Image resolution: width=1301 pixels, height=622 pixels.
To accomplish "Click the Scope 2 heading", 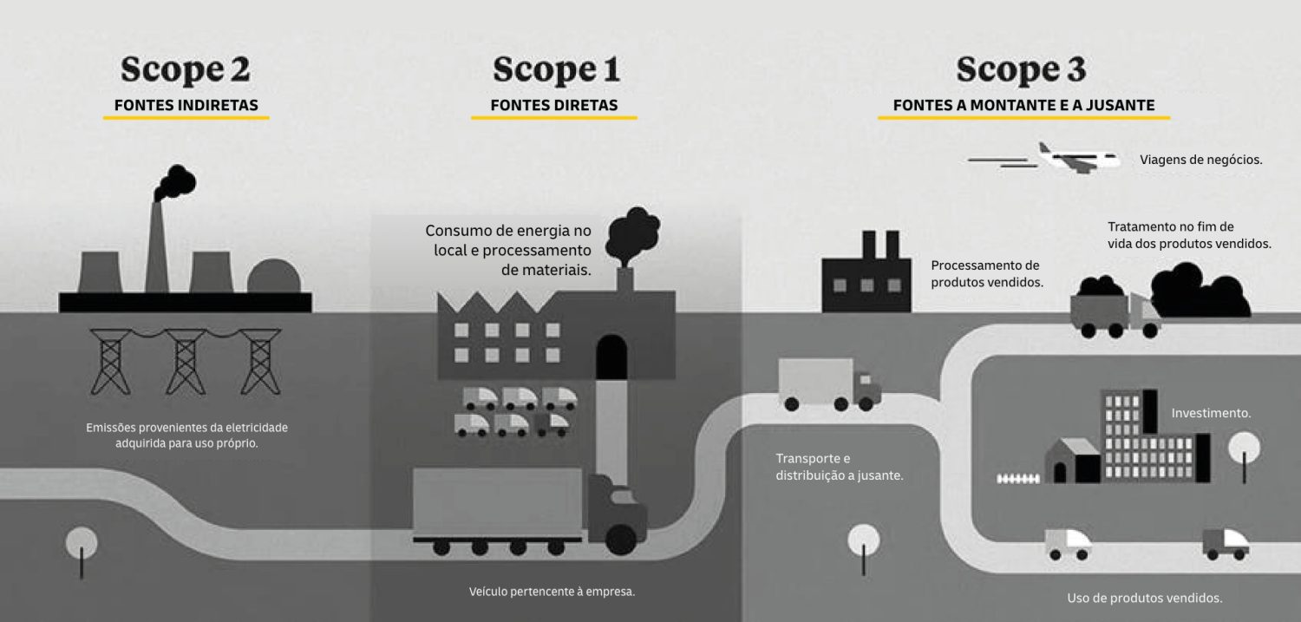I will (186, 69).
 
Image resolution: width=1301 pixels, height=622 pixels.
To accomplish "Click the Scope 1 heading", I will (556, 69).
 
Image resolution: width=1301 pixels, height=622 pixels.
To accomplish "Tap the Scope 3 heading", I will (1021, 69).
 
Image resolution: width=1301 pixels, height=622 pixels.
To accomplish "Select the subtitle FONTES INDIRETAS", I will (186, 106).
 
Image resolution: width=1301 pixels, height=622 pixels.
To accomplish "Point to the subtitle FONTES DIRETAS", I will (554, 106).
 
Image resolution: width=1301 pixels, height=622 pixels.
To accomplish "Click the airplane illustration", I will (1075, 158).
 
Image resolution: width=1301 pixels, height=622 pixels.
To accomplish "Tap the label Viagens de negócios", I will (1201, 160).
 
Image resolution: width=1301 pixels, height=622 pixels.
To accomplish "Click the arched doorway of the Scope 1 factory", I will (612, 357).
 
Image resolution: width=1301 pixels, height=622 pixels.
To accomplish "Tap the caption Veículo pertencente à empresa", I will (552, 593).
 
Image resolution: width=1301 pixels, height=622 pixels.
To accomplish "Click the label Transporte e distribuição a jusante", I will (839, 467).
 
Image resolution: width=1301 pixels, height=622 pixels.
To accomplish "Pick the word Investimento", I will (1211, 414).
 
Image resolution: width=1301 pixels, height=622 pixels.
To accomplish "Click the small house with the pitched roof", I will (1072, 460).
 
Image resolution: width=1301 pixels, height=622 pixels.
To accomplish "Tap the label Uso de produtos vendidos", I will (1144, 598).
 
